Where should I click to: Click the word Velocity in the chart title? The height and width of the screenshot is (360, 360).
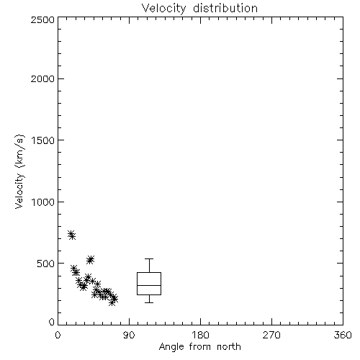(163, 8)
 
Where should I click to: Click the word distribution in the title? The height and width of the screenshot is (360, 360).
(225, 8)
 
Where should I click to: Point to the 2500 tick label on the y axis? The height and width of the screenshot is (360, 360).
(42, 19)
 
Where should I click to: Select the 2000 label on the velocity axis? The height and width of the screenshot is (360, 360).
(42, 78)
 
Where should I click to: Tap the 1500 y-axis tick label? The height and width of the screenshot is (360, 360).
(43, 140)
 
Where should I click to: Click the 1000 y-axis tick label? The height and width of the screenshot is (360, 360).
(43, 202)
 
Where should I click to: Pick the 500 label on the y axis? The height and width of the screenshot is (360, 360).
(46, 264)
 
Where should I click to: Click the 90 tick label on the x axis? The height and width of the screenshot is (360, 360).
(129, 335)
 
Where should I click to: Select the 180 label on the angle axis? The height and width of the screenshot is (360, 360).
(200, 335)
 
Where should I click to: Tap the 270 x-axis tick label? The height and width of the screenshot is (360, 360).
(271, 335)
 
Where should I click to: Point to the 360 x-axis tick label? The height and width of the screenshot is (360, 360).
(343, 335)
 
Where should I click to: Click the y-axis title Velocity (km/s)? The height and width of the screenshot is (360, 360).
(19, 171)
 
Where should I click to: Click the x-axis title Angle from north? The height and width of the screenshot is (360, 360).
(200, 347)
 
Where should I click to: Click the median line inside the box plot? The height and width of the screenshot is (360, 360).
(149, 285)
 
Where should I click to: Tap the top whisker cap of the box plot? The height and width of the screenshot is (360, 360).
(149, 258)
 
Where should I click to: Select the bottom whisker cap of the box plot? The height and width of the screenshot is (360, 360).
(149, 302)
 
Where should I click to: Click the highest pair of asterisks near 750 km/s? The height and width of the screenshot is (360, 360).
(71, 235)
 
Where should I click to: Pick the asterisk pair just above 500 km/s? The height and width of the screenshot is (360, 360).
(90, 260)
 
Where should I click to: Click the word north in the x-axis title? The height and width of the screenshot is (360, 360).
(229, 347)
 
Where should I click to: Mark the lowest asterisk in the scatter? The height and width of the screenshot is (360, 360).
(112, 302)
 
